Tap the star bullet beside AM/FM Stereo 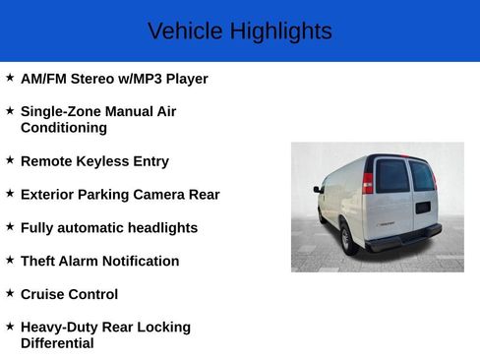(x=10, y=77)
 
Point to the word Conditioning (x=64, y=128)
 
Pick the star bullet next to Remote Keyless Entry (x=10, y=159)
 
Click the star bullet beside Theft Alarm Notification (x=10, y=260)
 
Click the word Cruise (x=42, y=294)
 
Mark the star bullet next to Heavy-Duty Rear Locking (x=10, y=326)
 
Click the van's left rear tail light (x=368, y=182)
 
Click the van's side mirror (x=318, y=188)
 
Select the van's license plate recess (x=422, y=208)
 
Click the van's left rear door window (x=392, y=176)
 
